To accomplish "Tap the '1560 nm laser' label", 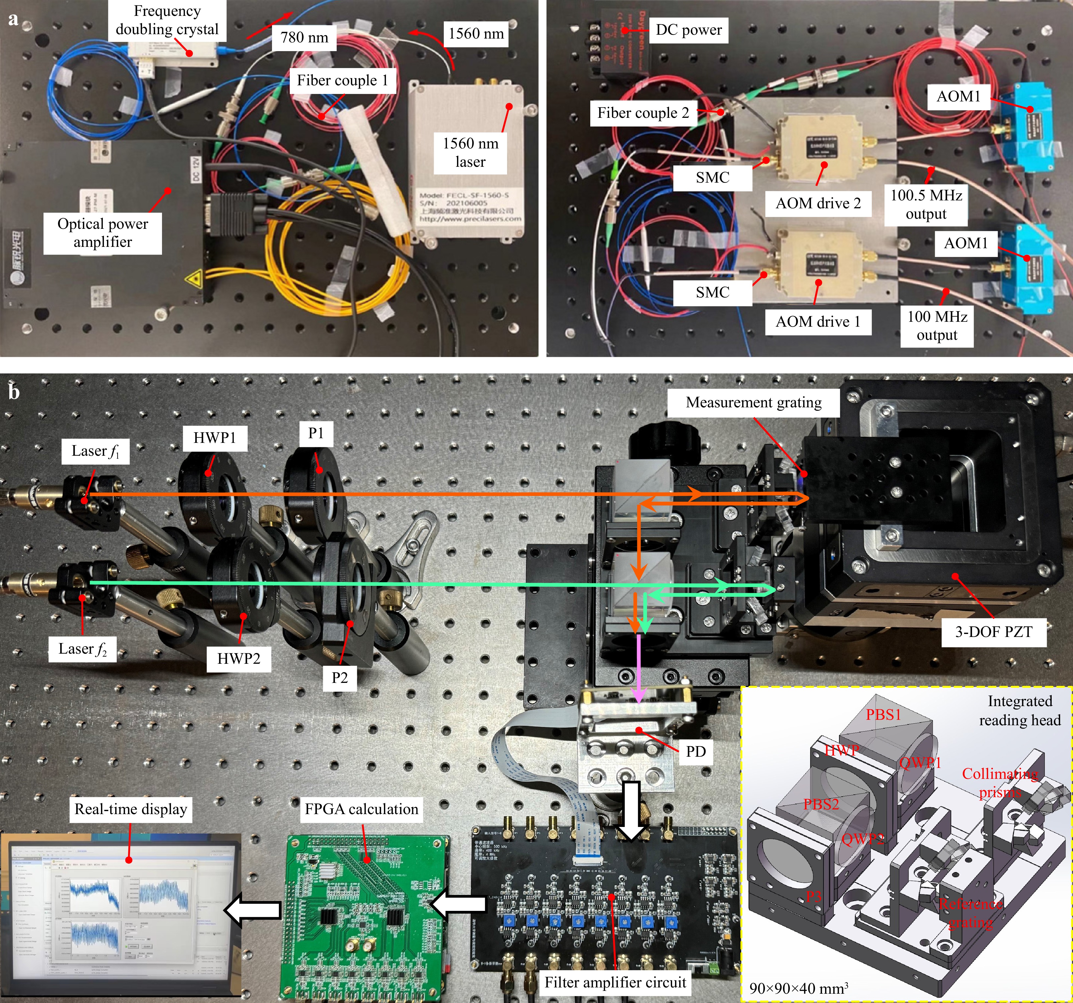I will (x=470, y=153).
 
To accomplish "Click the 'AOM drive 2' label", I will (x=818, y=203).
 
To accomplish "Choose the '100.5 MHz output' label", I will (x=926, y=204).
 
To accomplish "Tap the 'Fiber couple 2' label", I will (x=643, y=113).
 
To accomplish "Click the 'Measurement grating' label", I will (x=753, y=403).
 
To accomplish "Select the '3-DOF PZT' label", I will (x=994, y=632).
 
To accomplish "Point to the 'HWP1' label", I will (x=215, y=438).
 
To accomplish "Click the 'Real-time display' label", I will (x=131, y=809).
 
